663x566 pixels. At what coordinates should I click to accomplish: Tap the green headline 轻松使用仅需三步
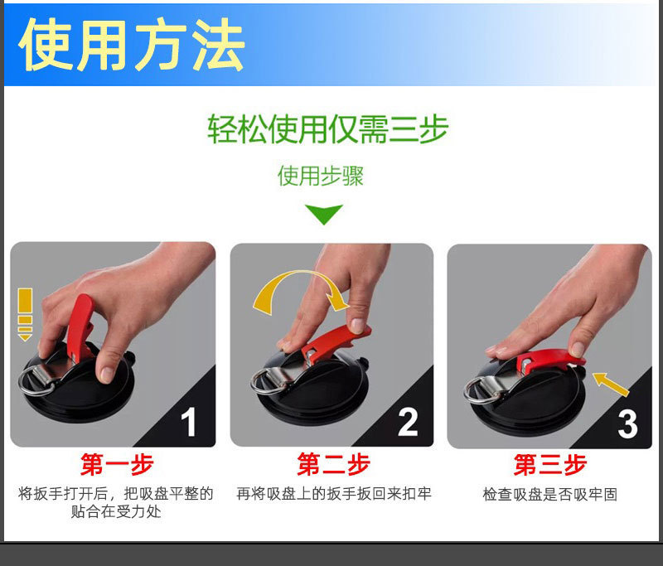[327, 129]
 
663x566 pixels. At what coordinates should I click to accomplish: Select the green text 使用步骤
[320, 176]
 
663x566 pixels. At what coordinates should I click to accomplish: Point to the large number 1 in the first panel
[189, 421]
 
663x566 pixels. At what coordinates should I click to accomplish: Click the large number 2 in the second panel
[408, 421]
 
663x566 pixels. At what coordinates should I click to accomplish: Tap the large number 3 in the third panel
[627, 423]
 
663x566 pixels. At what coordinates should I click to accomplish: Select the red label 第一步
[116, 464]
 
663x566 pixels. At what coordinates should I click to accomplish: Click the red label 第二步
[333, 464]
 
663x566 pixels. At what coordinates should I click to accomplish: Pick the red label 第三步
[549, 464]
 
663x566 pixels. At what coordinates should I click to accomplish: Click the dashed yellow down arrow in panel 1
[25, 313]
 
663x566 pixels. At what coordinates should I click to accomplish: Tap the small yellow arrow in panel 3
[611, 383]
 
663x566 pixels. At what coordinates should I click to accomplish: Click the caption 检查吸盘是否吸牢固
[549, 495]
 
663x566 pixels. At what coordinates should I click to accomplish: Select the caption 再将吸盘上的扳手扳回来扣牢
[333, 495]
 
